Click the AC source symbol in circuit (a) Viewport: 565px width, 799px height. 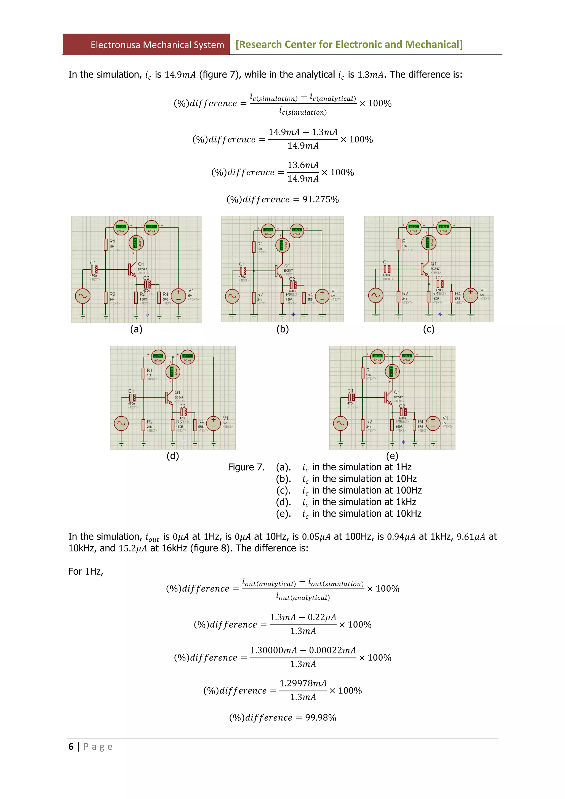point(82,296)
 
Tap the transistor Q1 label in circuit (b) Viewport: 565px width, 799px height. point(287,266)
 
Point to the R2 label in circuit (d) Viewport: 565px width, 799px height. point(150,422)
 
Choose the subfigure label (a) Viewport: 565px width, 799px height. point(136,329)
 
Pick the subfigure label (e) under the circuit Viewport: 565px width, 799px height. point(392,455)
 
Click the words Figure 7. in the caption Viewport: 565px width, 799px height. point(246,467)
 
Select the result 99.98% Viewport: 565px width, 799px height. point(320,718)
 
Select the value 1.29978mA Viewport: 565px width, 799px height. point(303,683)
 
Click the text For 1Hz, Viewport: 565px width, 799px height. point(86,572)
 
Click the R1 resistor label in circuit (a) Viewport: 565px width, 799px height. point(112,241)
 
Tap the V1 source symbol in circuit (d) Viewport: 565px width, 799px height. point(214,423)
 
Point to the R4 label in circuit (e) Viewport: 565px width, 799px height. point(420,422)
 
